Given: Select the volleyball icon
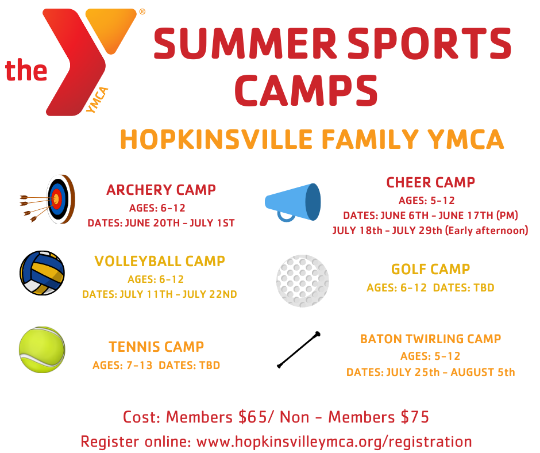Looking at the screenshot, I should [42, 273].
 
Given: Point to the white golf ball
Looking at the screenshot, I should [303, 280].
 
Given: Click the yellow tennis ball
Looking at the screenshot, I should [42, 350].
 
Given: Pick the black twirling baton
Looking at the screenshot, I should [299, 350].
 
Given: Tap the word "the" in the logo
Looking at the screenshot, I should [26, 70].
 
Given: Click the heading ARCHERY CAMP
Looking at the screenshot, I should [161, 190].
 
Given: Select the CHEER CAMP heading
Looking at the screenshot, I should [430, 183].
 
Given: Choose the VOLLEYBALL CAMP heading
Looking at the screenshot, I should [160, 262].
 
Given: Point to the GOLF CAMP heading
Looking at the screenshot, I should [430, 269].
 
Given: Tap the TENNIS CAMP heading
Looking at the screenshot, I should [156, 347].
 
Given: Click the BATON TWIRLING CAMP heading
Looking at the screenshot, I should [430, 339].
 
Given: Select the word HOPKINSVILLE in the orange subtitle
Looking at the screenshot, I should [216, 140].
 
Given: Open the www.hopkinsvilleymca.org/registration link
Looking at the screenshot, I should [334, 442].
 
